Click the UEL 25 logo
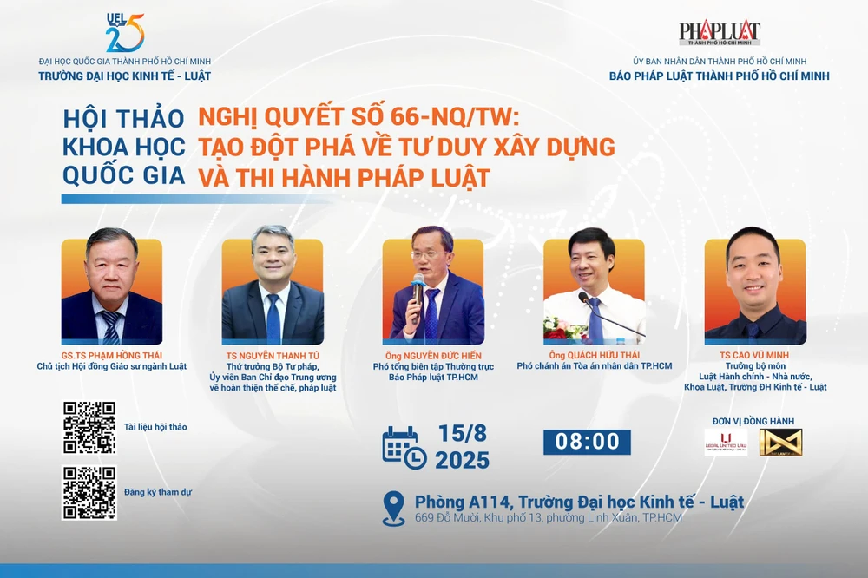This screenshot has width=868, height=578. tap(125, 33)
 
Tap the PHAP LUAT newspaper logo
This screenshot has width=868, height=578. tap(720, 34)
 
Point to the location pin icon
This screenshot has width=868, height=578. tap(394, 508)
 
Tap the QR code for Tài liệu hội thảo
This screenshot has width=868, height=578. tap(89, 427)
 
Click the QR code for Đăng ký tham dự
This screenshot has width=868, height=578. tap(89, 493)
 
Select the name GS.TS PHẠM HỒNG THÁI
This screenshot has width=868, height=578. tap(111, 354)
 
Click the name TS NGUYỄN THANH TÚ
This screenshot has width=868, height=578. tap(273, 356)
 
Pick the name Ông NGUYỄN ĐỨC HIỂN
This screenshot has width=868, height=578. tap(433, 356)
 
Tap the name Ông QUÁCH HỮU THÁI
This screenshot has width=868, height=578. tap(594, 355)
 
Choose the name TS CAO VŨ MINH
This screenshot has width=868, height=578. tap(754, 355)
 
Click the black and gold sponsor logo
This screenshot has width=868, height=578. tap(780, 443)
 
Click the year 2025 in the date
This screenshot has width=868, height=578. tap(462, 461)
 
